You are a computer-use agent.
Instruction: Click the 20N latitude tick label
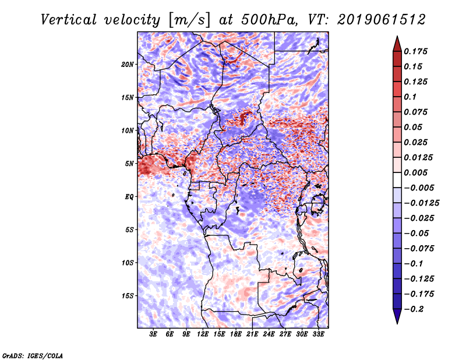[128, 64]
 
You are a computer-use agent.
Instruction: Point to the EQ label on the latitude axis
[129, 196]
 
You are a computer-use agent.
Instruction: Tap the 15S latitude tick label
[128, 295]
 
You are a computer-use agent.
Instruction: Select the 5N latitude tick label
[129, 163]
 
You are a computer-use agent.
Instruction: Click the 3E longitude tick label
[154, 334]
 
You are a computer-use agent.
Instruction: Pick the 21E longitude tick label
[253, 334]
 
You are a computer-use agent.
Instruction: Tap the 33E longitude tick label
[318, 334]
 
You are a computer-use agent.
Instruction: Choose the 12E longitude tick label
[203, 334]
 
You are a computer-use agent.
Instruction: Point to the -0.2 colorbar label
[415, 309]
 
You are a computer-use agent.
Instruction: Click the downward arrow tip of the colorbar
[396, 322]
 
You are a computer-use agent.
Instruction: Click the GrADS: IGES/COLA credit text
[33, 355]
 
